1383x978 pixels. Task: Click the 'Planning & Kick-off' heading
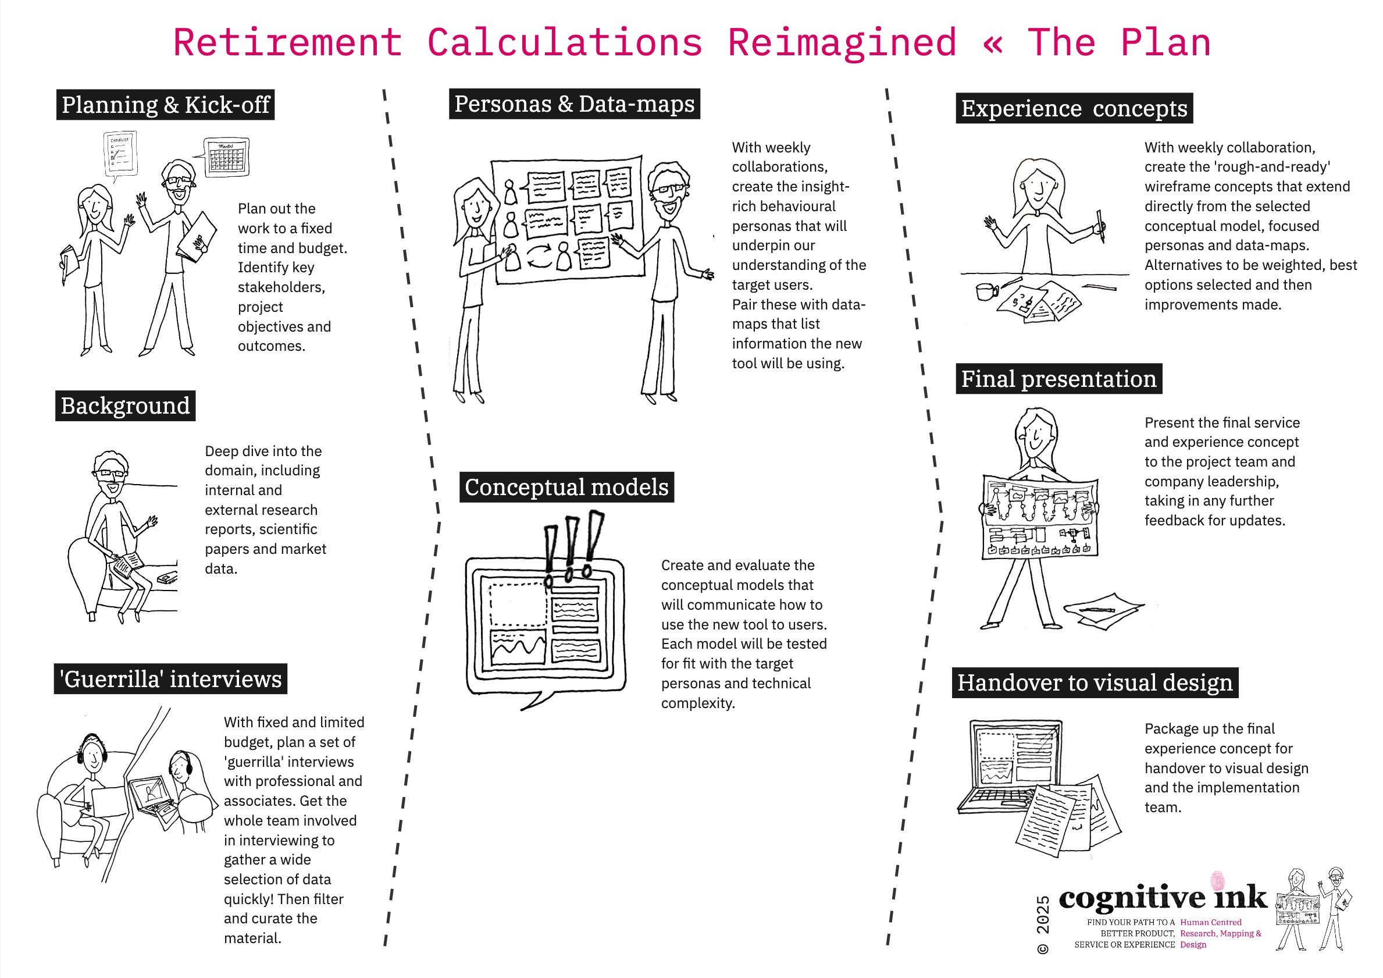(x=166, y=105)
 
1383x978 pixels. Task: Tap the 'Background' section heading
(x=125, y=406)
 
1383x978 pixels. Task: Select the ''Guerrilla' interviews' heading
(x=170, y=679)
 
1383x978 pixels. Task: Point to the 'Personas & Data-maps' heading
(x=574, y=104)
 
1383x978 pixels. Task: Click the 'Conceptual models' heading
(x=566, y=487)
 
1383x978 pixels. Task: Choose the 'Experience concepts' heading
(x=1074, y=108)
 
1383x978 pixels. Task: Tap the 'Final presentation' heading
(x=1058, y=379)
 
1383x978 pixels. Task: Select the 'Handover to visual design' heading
(x=1095, y=682)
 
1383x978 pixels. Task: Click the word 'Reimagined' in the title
(x=842, y=44)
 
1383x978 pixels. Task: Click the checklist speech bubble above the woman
(x=120, y=153)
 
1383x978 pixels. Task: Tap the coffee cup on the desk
(x=986, y=291)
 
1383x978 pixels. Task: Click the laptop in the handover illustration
(x=1012, y=769)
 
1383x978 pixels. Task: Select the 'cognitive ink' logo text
(x=1163, y=898)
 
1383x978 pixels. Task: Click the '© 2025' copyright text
(x=1043, y=924)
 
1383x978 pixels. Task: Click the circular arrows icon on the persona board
(x=540, y=255)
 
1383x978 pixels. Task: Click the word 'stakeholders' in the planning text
(x=281, y=287)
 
